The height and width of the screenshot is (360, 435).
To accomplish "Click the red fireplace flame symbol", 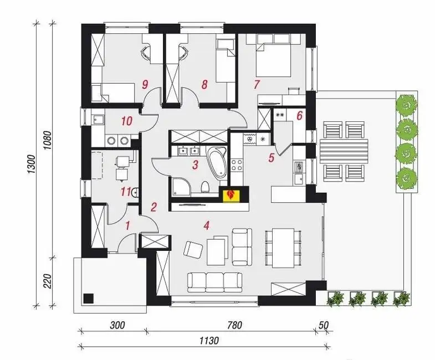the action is coord(230,194).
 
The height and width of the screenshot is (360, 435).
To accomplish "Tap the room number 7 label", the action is coord(257,84).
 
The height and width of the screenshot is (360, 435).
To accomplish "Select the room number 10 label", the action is coord(126,121).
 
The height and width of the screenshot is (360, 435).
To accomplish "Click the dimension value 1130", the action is coord(209,340).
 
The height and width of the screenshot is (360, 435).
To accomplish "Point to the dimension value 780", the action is coord(235,325).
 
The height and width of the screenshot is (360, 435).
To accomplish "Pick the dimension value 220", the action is coord(48,281).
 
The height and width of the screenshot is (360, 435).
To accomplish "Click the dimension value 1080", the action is coord(48,140).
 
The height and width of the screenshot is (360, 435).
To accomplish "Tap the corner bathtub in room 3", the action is coord(217,161).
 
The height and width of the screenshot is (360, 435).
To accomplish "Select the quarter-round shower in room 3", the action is coord(181,187).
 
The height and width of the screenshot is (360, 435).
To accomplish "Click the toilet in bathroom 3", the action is coord(205,187).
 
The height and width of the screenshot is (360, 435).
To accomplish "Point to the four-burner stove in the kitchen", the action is coord(237,164).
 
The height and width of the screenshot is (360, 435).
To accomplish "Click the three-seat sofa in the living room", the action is coord(214,282).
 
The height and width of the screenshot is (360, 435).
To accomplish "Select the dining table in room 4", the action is coord(283,248).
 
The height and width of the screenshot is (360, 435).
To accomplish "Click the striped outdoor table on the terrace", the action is coord(344,151).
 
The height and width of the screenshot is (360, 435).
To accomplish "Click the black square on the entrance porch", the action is coord(89,299).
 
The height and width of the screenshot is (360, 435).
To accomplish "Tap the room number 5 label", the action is coord(271,157).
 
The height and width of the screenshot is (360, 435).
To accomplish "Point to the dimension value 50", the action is coord(324,325).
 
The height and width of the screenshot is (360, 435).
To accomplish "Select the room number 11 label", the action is coord(126,192).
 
